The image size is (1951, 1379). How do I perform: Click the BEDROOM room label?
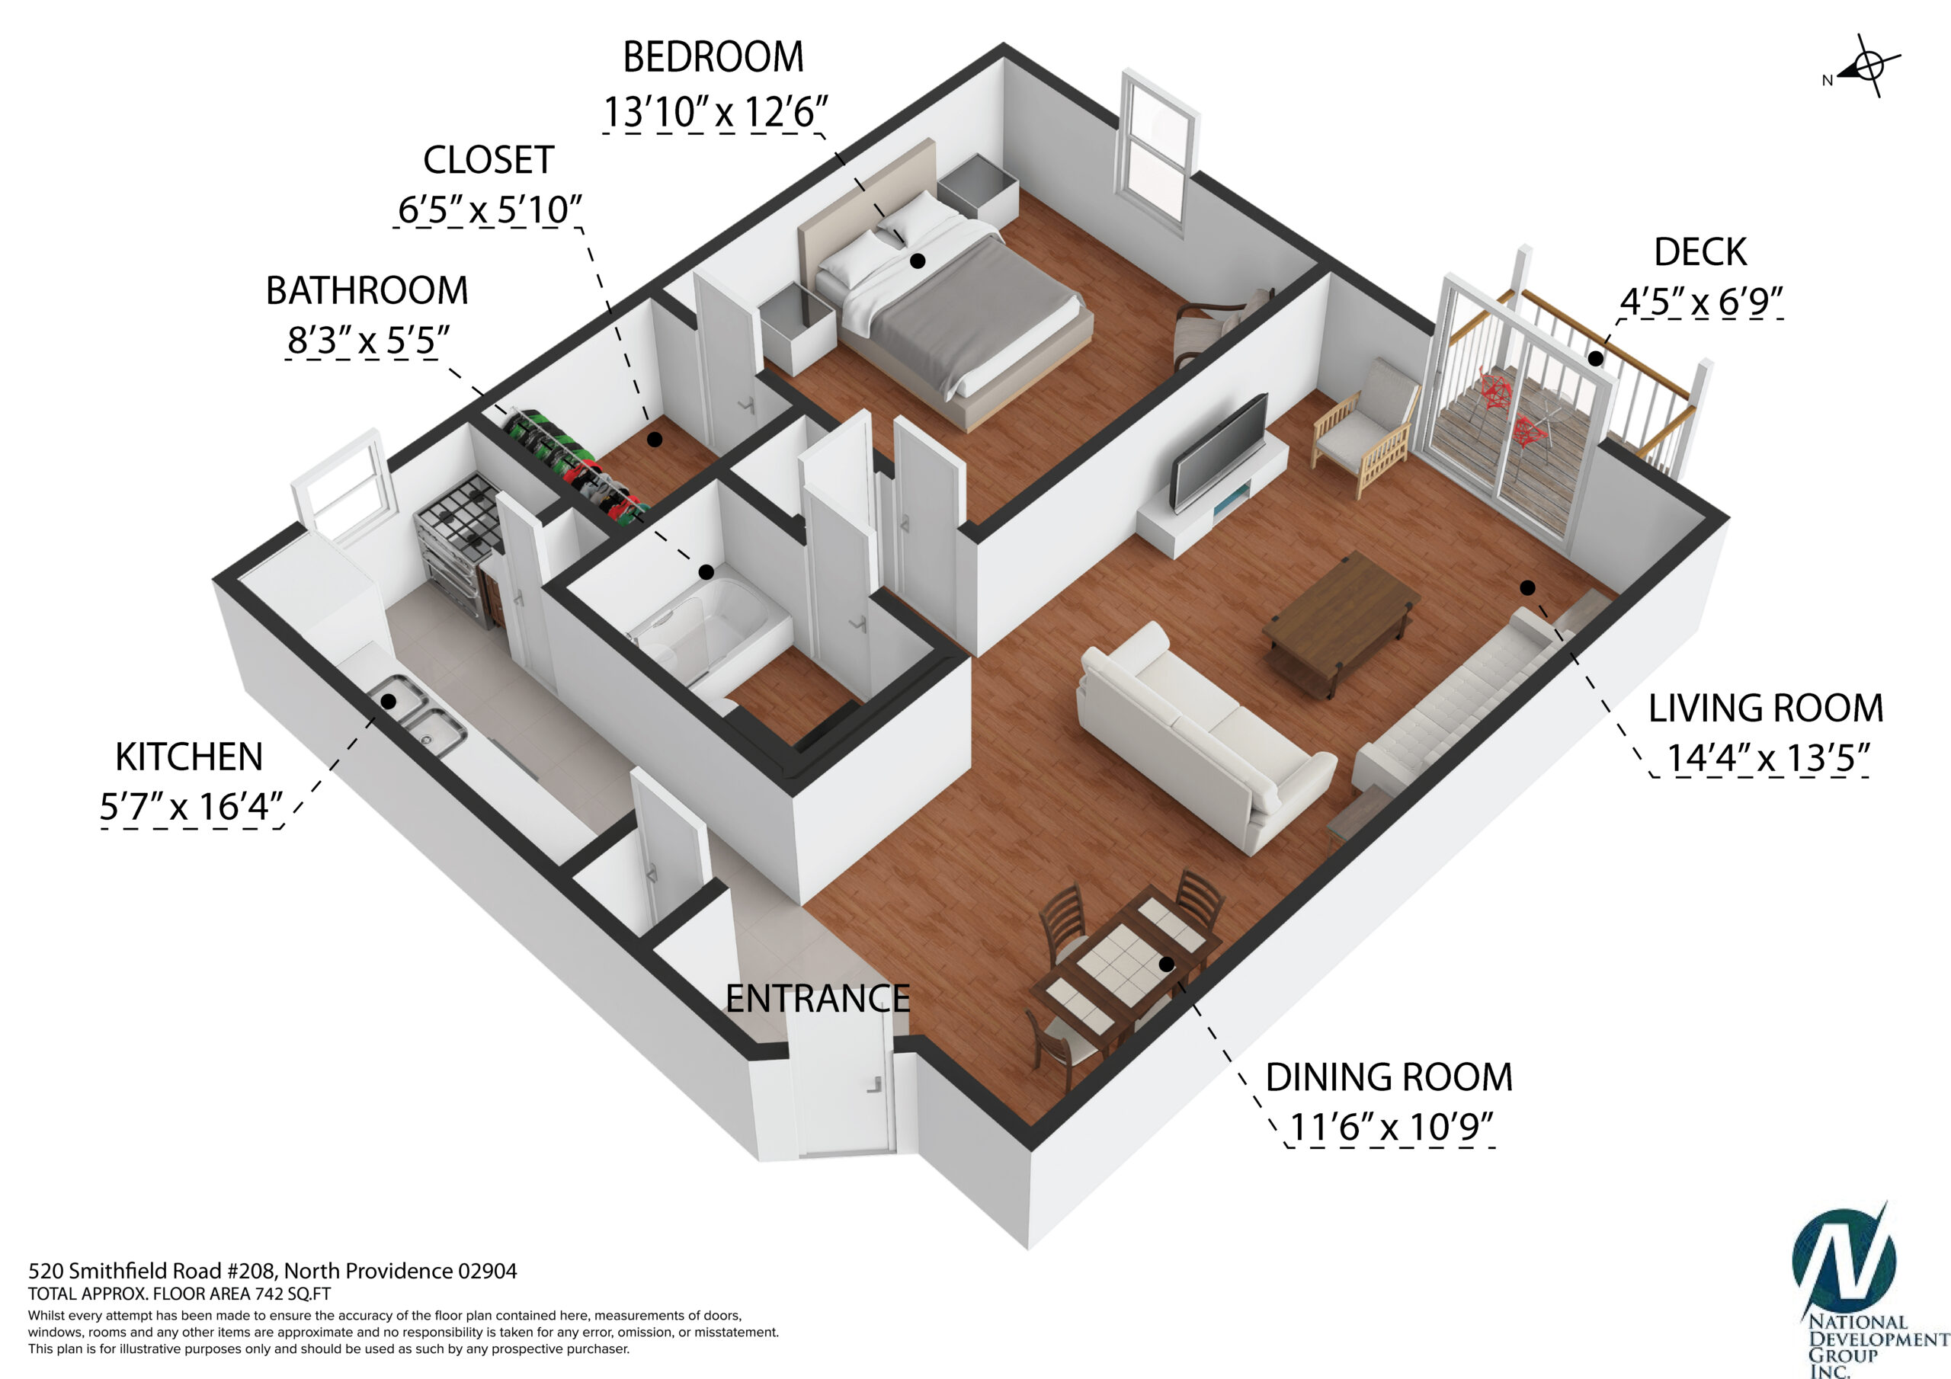pyautogui.click(x=713, y=58)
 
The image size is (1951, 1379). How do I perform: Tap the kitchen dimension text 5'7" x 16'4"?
pyautogui.click(x=191, y=806)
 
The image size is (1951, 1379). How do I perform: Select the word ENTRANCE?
pyautogui.click(x=818, y=999)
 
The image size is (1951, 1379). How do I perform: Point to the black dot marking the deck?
pyautogui.click(x=1596, y=359)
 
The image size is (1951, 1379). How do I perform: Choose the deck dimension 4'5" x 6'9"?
pyautogui.click(x=1700, y=301)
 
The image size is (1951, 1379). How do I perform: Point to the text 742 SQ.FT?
pyautogui.click(x=293, y=1294)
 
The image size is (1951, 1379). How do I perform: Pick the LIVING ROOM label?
pyautogui.click(x=1766, y=709)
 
